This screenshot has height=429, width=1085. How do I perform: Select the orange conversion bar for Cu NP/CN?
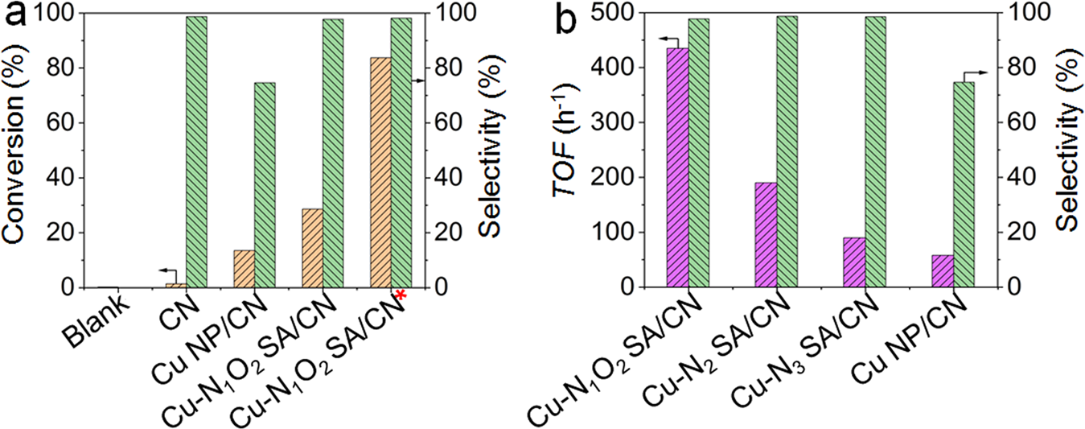point(244,269)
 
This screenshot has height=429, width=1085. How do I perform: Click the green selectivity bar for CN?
point(197,151)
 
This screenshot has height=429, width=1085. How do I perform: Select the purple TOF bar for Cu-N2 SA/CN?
point(766,234)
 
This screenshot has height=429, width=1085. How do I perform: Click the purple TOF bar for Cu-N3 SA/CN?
point(854,262)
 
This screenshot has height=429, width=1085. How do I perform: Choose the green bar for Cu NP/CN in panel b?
point(964,184)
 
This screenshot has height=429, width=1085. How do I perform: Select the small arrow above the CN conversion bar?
point(167,271)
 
